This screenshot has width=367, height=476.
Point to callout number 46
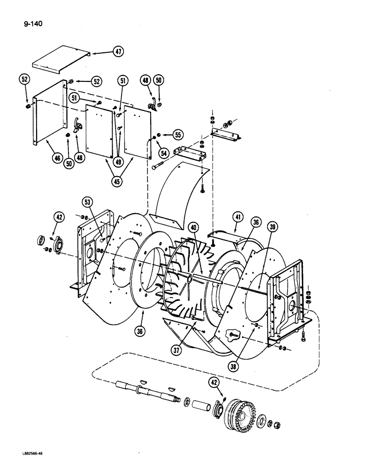click(x=58, y=158)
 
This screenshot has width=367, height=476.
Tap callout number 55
click(x=178, y=135)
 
